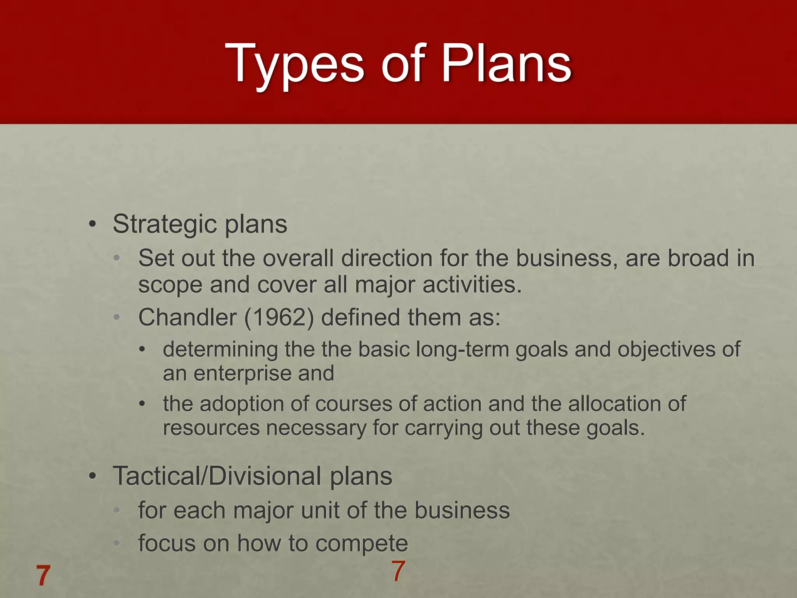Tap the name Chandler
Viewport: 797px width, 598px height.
[187, 317]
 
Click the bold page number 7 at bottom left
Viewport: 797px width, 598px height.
[43, 576]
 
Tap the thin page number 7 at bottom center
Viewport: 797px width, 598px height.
[398, 571]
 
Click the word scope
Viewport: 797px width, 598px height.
[170, 285]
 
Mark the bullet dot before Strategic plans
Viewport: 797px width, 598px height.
[92, 225]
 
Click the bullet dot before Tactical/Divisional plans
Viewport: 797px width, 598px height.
[92, 476]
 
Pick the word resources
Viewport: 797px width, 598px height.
[211, 428]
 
